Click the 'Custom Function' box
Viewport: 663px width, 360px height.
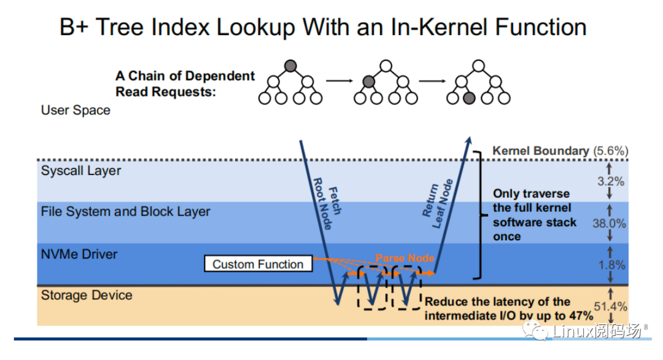pos(258,264)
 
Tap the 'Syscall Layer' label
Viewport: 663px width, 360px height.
pos(81,171)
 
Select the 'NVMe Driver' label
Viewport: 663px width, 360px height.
pos(79,254)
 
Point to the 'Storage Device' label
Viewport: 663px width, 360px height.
pos(87,295)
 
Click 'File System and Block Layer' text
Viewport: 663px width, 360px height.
pos(125,211)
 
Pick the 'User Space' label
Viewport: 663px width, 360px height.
pos(76,111)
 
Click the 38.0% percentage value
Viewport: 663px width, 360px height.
pos(609,224)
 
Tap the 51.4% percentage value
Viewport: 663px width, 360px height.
pos(610,306)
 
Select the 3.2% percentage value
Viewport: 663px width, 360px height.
pos(611,181)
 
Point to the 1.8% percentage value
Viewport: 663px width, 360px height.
pos(611,265)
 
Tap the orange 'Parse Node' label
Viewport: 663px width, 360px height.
pos(405,258)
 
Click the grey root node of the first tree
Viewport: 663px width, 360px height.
pos(290,66)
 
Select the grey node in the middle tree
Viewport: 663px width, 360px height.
pos(368,81)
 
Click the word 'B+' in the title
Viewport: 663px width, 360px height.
pos(73,27)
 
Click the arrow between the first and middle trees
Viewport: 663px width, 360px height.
pos(338,80)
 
